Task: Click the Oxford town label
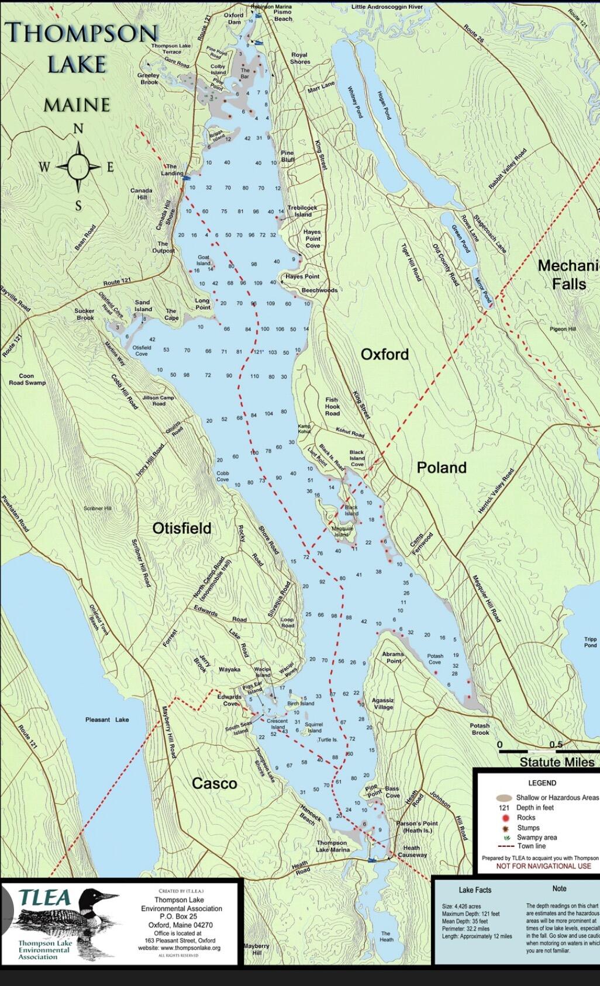[x=384, y=354]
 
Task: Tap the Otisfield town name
[x=182, y=528]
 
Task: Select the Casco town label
[x=215, y=784]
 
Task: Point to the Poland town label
[x=442, y=468]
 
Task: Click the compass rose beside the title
[x=78, y=167]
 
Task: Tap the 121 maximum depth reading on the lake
[x=258, y=352]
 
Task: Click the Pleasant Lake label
[x=107, y=719]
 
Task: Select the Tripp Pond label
[x=590, y=642]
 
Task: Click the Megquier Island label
[x=341, y=531]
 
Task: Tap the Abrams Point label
[x=394, y=658]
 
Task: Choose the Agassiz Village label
[x=383, y=703]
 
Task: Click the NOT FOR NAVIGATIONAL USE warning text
[x=543, y=866]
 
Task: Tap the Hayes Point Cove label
[x=312, y=238]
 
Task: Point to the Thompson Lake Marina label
[x=332, y=846]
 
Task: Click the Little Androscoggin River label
[x=387, y=7]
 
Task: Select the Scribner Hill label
[x=97, y=508]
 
